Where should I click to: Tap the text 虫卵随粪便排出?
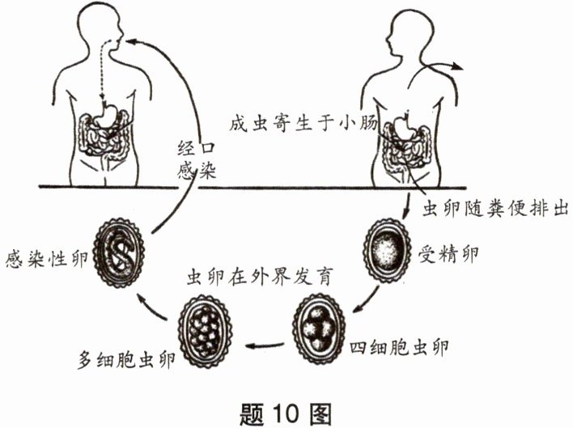491,208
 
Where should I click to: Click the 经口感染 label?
197,160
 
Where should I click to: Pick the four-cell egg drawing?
318,328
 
